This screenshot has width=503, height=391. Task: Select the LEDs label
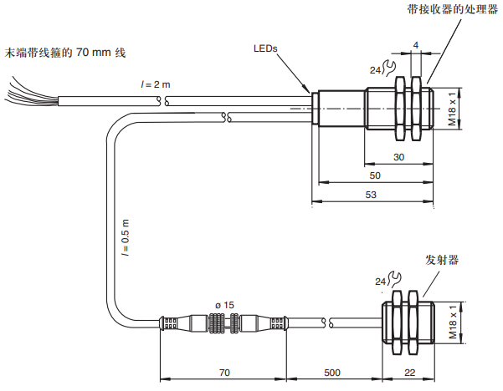click(x=265, y=48)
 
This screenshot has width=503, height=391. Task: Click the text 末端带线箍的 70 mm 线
click(x=64, y=53)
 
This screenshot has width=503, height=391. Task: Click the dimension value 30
click(x=399, y=158)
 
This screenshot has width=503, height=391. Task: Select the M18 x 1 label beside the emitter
click(x=453, y=321)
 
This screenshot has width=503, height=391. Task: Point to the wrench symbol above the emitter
click(x=390, y=283)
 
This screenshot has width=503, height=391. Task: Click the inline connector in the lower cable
click(x=223, y=323)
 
